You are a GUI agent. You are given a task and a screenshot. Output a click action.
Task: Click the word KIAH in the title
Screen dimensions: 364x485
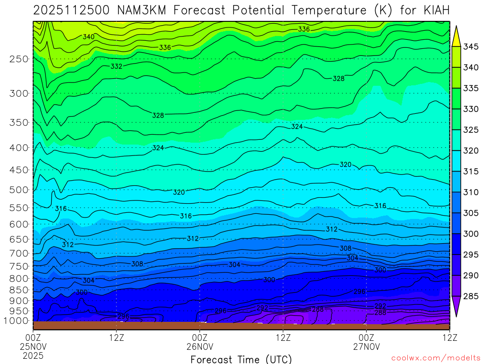coord(432,10)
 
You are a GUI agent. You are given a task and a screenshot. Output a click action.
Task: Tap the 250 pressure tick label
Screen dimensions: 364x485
coord(19,59)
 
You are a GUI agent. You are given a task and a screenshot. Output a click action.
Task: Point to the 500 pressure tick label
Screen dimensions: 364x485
coord(19,190)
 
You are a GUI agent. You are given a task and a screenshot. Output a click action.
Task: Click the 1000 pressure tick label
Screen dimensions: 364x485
coord(17,321)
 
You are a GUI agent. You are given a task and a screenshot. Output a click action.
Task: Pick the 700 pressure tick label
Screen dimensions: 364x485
coord(19,253)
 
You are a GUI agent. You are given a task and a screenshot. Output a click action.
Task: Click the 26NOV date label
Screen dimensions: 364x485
coord(200,346)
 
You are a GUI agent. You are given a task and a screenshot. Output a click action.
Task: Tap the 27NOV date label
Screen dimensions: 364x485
coord(367,346)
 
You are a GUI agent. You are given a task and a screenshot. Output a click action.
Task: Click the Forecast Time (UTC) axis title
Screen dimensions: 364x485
coord(241,359)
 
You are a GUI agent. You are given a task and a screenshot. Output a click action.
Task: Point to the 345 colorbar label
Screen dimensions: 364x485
coord(471,46)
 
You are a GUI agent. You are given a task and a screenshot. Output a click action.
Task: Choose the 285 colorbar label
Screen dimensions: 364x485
coord(471,296)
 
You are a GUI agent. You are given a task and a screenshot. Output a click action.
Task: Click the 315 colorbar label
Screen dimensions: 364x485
coord(471,171)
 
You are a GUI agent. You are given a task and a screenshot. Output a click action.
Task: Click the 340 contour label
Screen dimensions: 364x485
coord(89,37)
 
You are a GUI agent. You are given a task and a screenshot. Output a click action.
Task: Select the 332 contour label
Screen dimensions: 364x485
coord(117,66)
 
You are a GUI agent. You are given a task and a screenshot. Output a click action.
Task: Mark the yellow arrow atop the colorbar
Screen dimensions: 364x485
coord(457,35)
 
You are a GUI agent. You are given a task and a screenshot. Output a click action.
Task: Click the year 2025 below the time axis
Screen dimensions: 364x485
coord(33,355)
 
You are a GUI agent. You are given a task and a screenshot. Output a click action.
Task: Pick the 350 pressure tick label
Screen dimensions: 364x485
coord(19,122)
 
